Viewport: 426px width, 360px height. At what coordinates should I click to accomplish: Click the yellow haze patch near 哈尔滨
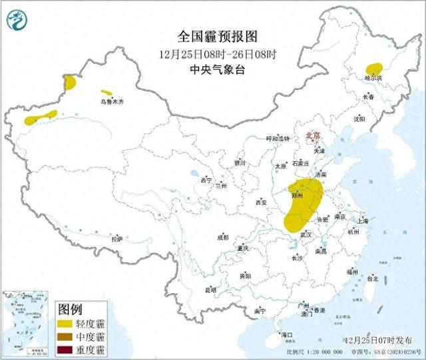pyautogui.click(x=374, y=68)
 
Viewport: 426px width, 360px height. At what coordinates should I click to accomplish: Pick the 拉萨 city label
pyautogui.click(x=117, y=239)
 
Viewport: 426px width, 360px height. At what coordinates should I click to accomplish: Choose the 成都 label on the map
pyautogui.click(x=222, y=237)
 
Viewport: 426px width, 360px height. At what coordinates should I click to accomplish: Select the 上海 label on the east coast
pyautogui.click(x=363, y=220)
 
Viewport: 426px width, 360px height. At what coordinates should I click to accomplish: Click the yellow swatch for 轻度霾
pyautogui.click(x=66, y=323)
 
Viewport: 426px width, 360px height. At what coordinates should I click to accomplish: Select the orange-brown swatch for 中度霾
pyautogui.click(x=66, y=337)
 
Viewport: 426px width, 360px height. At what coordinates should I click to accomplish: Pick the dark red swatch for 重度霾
pyautogui.click(x=66, y=349)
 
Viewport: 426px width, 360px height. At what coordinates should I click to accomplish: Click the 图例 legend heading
pyautogui.click(x=70, y=309)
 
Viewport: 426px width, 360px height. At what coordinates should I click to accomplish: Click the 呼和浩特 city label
pyautogui.click(x=278, y=138)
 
